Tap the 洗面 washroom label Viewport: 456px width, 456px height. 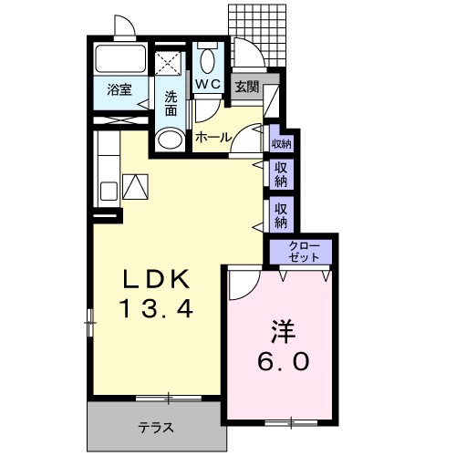(171, 102)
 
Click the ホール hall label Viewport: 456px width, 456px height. (212, 137)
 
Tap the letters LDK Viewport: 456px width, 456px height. (154, 277)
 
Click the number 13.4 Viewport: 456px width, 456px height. (154, 310)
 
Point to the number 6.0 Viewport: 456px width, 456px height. (283, 361)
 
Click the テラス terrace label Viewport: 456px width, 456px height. (156, 427)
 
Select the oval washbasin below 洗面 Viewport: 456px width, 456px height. (168, 140)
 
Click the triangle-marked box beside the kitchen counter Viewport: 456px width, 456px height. (135, 187)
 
